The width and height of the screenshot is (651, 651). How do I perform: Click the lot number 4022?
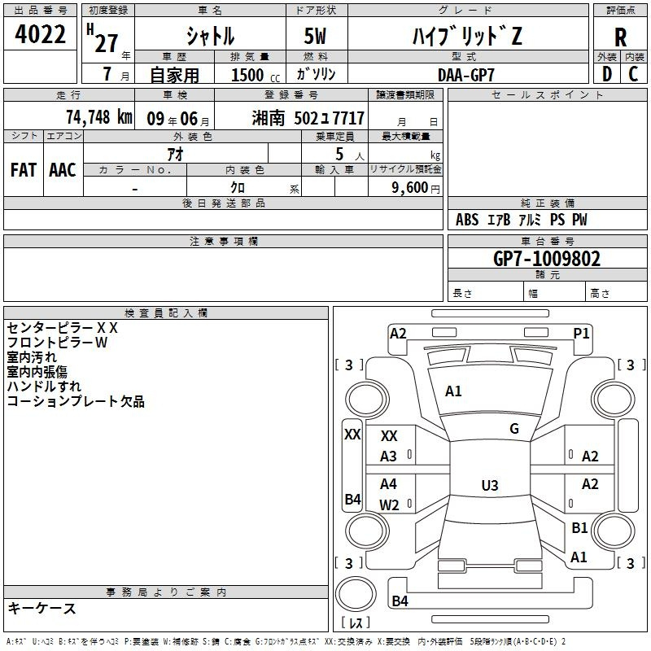click(x=40, y=34)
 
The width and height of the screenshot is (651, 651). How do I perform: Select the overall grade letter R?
click(x=620, y=37)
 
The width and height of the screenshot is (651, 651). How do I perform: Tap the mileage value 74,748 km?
click(x=99, y=117)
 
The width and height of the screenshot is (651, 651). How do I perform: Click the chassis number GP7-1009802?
click(x=547, y=259)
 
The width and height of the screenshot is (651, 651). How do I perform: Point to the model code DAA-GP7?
click(x=466, y=75)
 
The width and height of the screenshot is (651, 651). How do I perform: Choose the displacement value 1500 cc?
click(x=256, y=75)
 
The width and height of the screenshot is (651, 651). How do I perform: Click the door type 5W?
click(x=315, y=36)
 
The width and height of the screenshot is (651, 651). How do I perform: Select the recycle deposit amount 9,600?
click(x=410, y=187)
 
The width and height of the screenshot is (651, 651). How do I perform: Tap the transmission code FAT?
click(x=24, y=170)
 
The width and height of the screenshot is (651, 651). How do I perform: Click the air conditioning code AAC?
click(x=63, y=170)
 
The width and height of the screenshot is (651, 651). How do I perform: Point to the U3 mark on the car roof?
click(x=490, y=485)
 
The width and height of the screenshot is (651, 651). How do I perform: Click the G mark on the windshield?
click(x=514, y=428)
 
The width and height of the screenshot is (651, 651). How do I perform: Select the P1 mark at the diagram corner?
click(x=581, y=333)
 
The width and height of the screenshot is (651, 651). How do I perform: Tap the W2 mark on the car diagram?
click(x=389, y=505)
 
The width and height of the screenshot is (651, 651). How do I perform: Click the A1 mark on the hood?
click(x=453, y=391)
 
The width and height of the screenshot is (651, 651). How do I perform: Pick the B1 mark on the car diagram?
click(x=579, y=527)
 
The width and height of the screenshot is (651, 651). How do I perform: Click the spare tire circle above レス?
click(x=356, y=594)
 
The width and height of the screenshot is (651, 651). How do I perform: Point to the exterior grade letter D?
click(x=607, y=74)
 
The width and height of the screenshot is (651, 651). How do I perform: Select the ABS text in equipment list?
click(x=467, y=220)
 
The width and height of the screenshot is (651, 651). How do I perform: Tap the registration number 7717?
click(x=348, y=118)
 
